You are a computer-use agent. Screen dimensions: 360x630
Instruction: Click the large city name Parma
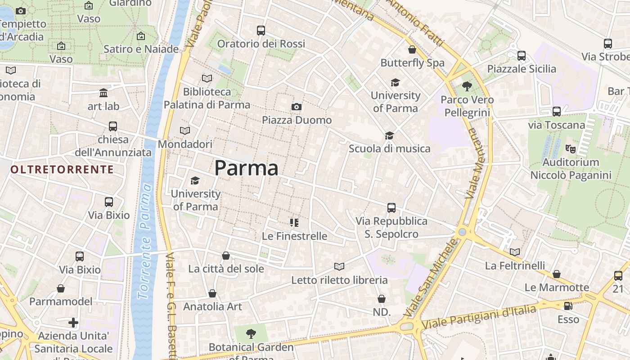pyautogui.click(x=246, y=168)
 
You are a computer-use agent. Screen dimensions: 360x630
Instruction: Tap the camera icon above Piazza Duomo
pyautogui.click(x=296, y=107)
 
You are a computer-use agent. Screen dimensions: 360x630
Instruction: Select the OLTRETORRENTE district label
pyautogui.click(x=62, y=169)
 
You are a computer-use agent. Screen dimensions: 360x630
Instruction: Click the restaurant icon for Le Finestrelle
pyautogui.click(x=294, y=222)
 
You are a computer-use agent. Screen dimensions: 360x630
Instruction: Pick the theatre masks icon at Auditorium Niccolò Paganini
pyautogui.click(x=570, y=148)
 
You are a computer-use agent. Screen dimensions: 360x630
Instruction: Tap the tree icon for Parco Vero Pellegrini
pyautogui.click(x=467, y=86)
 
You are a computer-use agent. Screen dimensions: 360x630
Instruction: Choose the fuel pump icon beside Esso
pyautogui.click(x=568, y=306)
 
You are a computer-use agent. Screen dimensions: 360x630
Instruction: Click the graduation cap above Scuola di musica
pyautogui.click(x=389, y=135)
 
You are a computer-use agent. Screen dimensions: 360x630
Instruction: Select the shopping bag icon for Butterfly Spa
pyautogui.click(x=412, y=49)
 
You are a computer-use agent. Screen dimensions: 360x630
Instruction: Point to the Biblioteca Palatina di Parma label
pyautogui.click(x=207, y=99)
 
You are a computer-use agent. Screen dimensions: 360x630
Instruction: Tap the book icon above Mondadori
pyautogui.click(x=184, y=131)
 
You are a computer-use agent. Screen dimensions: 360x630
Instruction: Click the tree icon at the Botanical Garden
pyautogui.click(x=251, y=333)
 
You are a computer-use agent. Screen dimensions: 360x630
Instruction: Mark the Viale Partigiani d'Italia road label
pyautogui.click(x=480, y=317)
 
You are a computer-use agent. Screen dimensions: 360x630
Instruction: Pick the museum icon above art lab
pyautogui.click(x=103, y=93)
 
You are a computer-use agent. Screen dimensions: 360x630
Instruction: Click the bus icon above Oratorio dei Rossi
pyautogui.click(x=261, y=31)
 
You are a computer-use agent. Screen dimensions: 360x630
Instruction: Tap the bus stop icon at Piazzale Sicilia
pyautogui.click(x=522, y=56)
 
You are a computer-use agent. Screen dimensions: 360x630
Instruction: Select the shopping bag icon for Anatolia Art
pyautogui.click(x=212, y=293)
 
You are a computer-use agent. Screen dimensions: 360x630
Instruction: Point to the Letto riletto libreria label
pyautogui.click(x=339, y=280)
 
